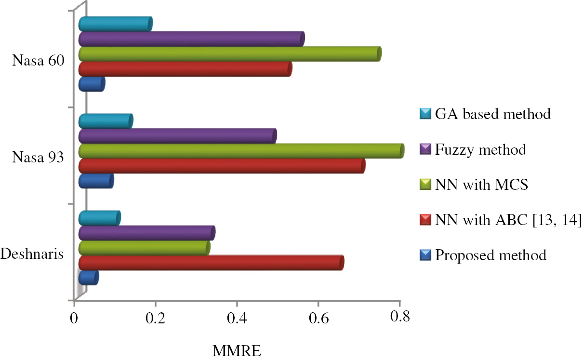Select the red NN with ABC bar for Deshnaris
coord(210,263)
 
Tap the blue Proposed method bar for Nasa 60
coord(91,84)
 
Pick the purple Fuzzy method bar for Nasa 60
coord(191,39)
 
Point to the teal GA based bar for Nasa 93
coord(105,121)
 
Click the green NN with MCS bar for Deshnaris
coord(144,248)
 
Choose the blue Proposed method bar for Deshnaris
coord(88,278)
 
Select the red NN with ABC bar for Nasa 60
coord(185,69)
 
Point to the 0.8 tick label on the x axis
coord(399,317)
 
